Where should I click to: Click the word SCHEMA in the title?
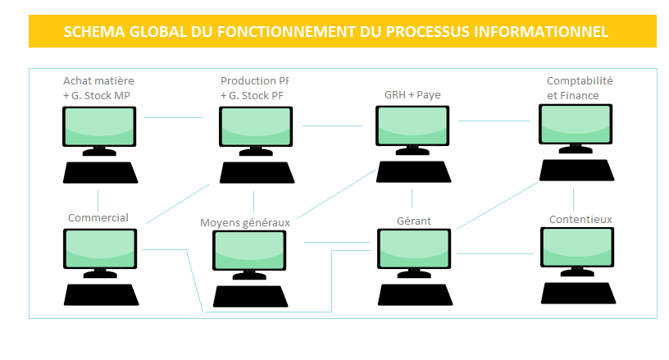92,31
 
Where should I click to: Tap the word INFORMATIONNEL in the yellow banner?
544,31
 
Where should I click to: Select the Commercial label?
98,217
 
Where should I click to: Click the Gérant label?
413,221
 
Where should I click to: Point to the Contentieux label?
580,219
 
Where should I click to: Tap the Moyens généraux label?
245,222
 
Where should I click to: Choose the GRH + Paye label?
412,94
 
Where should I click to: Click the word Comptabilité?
580,81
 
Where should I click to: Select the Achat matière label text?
98,81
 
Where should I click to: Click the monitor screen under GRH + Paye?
412,126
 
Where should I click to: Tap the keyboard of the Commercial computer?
100,294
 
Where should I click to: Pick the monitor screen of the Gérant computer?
414,248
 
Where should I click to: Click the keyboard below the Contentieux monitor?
578,292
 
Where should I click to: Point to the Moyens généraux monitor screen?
250,250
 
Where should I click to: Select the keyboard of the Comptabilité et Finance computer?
576,169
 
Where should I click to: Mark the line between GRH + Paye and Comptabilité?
494,121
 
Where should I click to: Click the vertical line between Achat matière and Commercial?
98,200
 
